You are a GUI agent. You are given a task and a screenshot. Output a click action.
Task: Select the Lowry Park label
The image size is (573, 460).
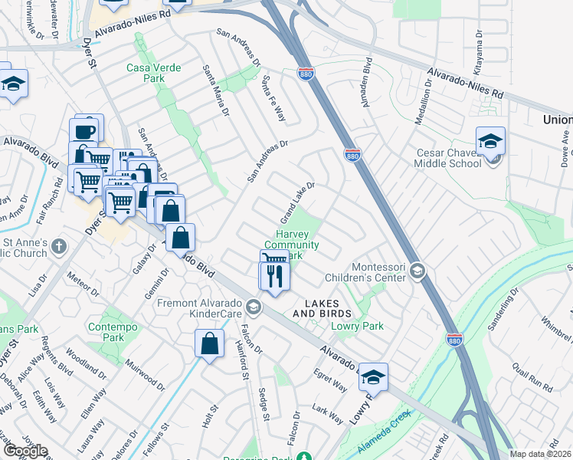(x=357, y=326)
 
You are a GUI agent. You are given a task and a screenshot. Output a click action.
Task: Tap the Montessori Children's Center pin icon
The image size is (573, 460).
(x=417, y=270)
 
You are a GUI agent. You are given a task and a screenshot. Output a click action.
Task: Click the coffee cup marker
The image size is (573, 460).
(x=86, y=129)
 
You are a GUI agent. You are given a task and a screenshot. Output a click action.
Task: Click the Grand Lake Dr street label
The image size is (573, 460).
(x=300, y=199)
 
